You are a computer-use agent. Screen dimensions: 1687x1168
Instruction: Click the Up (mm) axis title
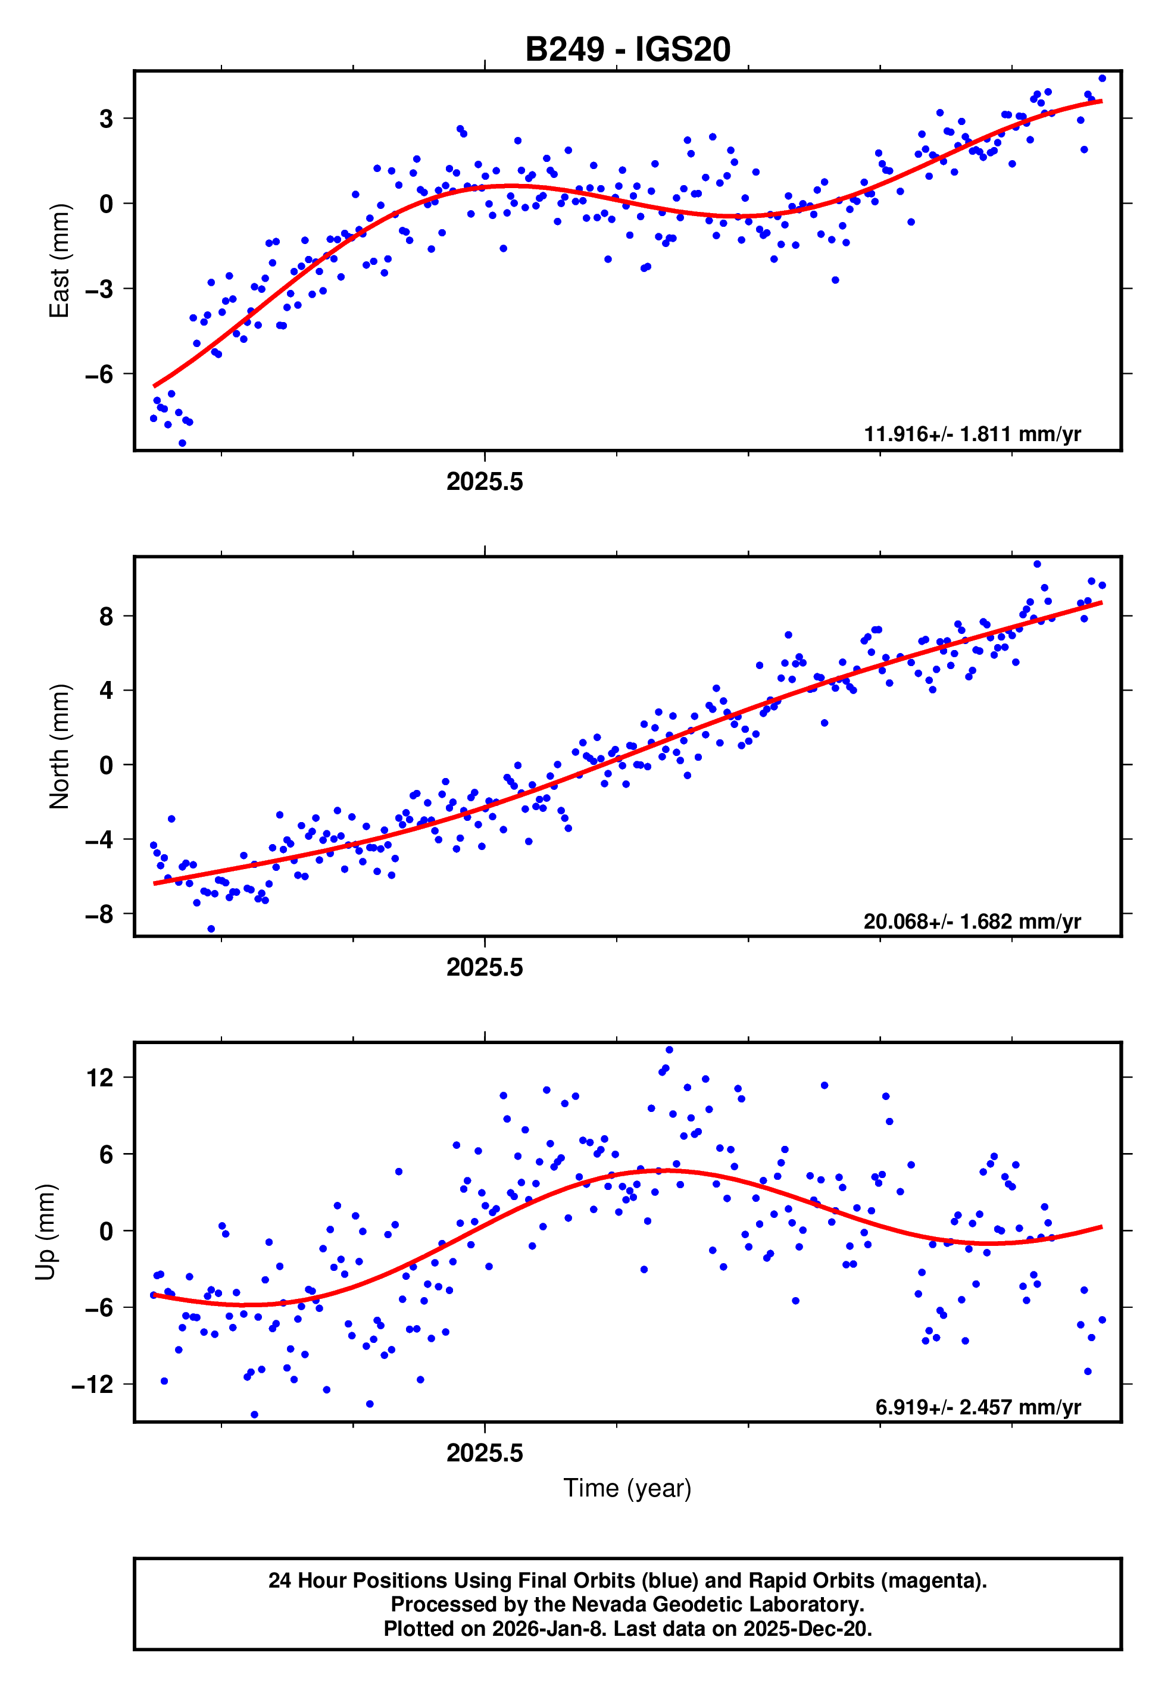click(45, 1232)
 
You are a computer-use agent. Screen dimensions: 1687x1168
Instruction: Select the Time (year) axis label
click(627, 1489)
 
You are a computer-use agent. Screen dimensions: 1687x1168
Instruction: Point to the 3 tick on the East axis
click(106, 118)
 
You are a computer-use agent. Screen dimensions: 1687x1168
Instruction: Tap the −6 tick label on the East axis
click(99, 374)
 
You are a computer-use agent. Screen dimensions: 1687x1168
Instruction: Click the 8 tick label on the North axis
click(106, 617)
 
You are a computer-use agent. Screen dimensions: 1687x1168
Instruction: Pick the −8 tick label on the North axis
click(99, 914)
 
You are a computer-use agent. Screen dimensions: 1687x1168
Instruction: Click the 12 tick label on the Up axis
click(99, 1077)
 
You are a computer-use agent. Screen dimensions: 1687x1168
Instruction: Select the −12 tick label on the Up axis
click(92, 1385)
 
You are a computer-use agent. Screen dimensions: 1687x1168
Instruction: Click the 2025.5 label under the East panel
click(485, 482)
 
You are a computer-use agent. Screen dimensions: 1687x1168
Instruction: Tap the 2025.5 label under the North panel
click(485, 968)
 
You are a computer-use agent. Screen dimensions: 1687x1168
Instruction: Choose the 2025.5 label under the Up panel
click(485, 1454)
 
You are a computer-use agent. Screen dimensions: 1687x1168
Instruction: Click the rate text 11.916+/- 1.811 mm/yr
click(972, 435)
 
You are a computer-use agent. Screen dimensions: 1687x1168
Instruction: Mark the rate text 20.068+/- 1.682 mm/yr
click(972, 921)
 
